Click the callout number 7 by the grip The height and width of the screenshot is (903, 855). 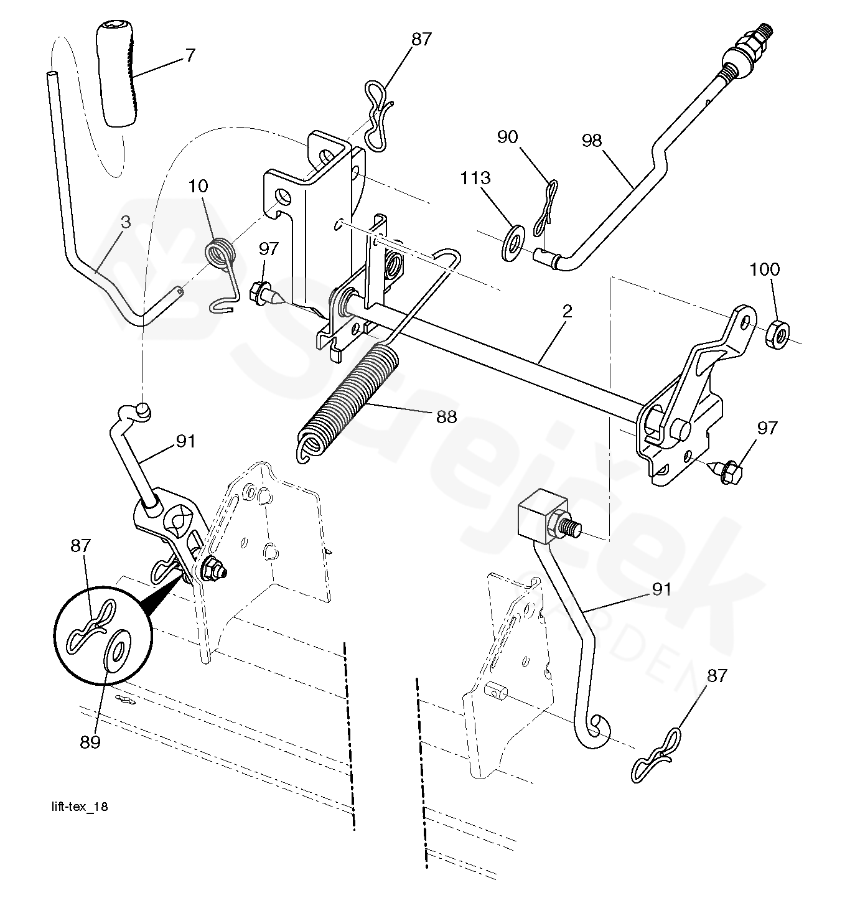point(190,55)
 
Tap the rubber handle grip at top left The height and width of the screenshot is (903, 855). point(117,76)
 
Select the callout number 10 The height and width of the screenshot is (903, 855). point(198,186)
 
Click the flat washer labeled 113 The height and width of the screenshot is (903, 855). point(513,243)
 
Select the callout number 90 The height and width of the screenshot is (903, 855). point(507,137)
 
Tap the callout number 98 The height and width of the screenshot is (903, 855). point(591,141)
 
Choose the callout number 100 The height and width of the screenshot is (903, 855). point(765,269)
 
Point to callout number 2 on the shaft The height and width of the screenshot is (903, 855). point(568,312)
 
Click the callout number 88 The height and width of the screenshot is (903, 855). point(446,416)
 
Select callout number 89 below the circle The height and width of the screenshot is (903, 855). point(90,742)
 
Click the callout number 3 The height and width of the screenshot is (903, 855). point(126,222)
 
